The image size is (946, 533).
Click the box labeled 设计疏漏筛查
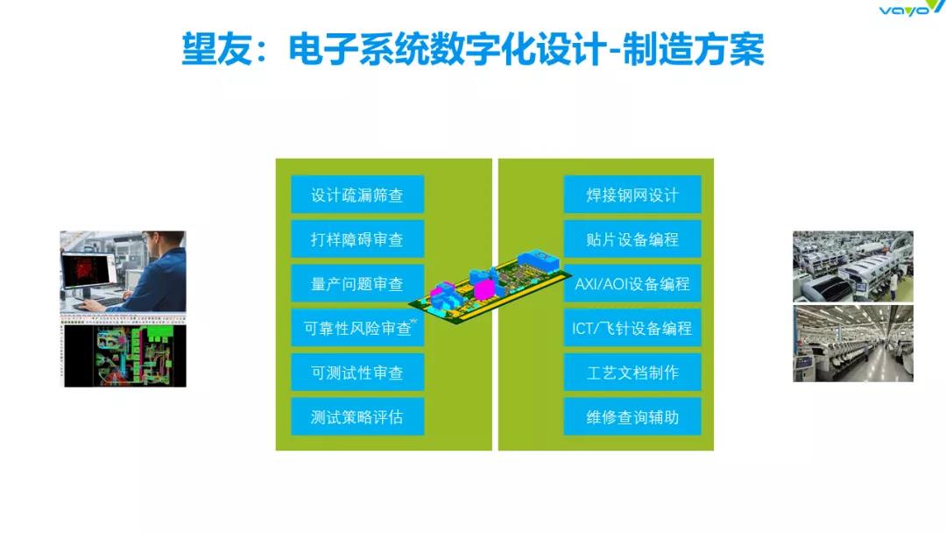(357, 195)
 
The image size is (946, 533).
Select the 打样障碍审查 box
(357, 239)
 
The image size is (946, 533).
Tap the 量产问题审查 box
(357, 283)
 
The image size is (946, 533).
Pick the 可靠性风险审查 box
(357, 328)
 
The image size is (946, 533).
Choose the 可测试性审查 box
(357, 373)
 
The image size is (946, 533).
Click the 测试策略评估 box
(357, 416)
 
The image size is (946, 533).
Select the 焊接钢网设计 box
(632, 195)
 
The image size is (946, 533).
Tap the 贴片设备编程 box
(632, 239)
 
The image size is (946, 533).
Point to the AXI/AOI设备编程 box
(632, 283)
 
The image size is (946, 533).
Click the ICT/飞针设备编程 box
(632, 328)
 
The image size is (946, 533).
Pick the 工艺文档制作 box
(632, 373)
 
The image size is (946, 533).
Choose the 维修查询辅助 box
(632, 416)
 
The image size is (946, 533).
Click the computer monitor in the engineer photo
(89, 269)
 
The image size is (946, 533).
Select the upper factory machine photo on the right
(852, 266)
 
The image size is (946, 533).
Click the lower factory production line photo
(852, 344)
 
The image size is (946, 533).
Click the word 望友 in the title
(216, 49)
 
